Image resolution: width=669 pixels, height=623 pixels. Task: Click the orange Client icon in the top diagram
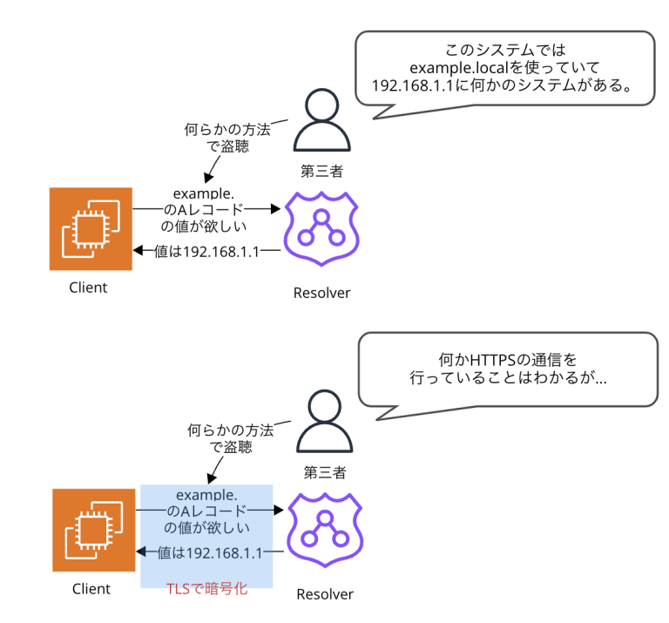coord(91,229)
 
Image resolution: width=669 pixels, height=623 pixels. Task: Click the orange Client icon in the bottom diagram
coord(94,530)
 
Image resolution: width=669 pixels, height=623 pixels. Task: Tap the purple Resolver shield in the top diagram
coord(322,230)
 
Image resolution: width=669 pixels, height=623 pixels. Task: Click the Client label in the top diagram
coord(88,288)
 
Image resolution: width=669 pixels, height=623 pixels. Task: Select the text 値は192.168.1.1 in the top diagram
coord(206,252)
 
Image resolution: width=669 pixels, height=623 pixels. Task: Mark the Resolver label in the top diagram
coord(321,293)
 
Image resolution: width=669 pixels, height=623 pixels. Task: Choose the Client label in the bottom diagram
coord(91,589)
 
